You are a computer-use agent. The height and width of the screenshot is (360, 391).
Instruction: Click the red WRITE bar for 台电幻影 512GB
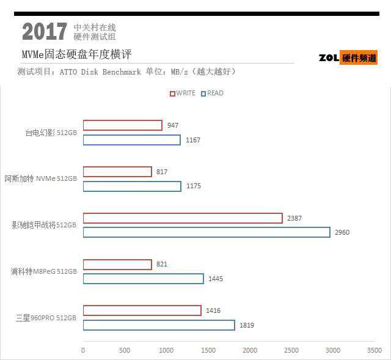(x=122, y=125)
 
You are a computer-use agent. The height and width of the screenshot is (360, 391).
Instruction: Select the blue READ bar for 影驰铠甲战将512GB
(x=206, y=232)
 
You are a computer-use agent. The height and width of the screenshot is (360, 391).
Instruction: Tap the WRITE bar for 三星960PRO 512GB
(x=142, y=310)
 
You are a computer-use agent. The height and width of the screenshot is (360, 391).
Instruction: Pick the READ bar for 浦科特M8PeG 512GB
(x=143, y=279)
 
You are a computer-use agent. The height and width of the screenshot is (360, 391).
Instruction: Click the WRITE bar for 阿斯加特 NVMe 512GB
(x=117, y=172)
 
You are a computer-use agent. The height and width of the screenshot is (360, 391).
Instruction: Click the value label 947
(x=172, y=125)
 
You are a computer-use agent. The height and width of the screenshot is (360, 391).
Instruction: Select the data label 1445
(x=216, y=279)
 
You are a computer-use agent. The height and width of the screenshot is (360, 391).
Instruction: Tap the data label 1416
(x=213, y=310)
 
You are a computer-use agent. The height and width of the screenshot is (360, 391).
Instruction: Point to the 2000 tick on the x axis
(x=249, y=350)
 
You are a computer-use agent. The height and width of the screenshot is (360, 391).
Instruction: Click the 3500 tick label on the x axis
(x=374, y=350)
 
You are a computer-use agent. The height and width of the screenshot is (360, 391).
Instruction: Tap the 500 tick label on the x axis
(x=125, y=350)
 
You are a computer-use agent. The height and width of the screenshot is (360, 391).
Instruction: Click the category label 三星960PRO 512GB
(x=46, y=318)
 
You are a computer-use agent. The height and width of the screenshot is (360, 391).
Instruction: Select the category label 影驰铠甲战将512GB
(x=44, y=225)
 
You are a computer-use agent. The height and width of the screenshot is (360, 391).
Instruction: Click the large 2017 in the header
(x=45, y=32)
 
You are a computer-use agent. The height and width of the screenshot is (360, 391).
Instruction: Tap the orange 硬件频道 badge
(x=359, y=58)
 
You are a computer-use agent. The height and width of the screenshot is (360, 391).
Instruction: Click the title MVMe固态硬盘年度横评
(x=77, y=55)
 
